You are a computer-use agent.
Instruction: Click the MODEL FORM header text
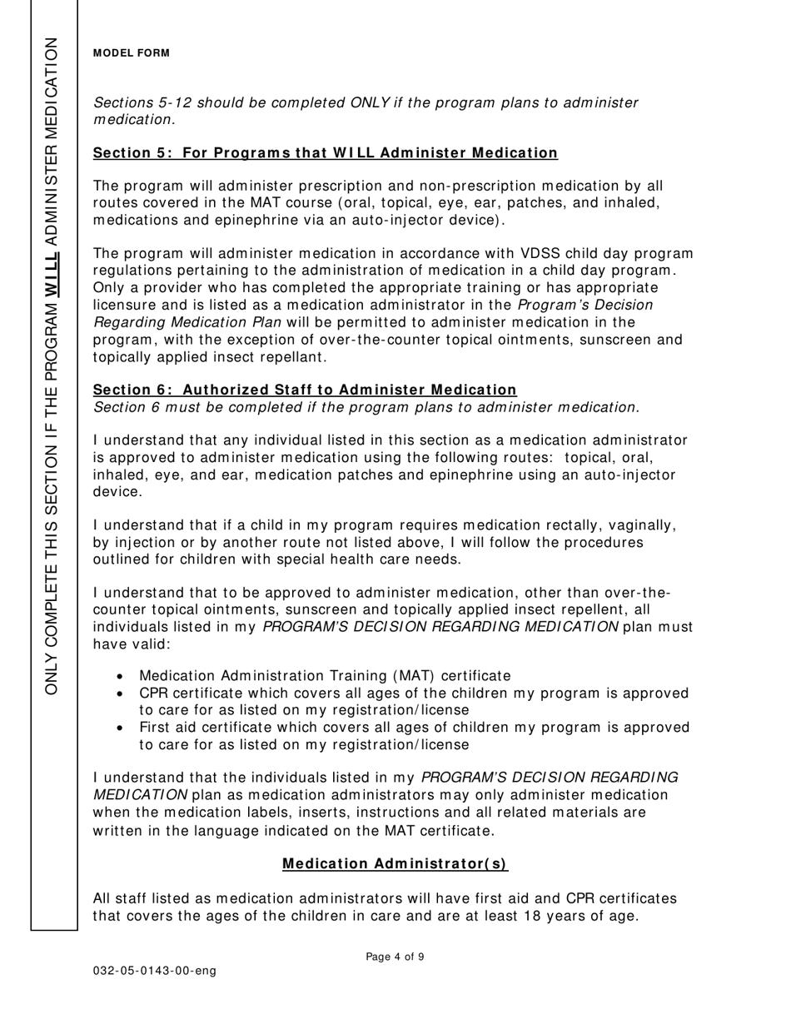click(x=132, y=53)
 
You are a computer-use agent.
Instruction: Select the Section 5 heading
click(x=325, y=153)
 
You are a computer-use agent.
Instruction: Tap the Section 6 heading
click(x=305, y=390)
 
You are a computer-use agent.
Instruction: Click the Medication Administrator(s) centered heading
click(x=395, y=863)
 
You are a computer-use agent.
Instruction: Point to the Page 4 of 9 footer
click(x=395, y=957)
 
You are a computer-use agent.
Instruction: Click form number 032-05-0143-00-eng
click(x=155, y=971)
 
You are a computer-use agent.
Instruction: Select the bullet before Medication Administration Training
click(x=122, y=677)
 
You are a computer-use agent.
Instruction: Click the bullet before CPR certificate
click(x=122, y=693)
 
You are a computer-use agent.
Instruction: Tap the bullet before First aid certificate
click(x=122, y=728)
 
